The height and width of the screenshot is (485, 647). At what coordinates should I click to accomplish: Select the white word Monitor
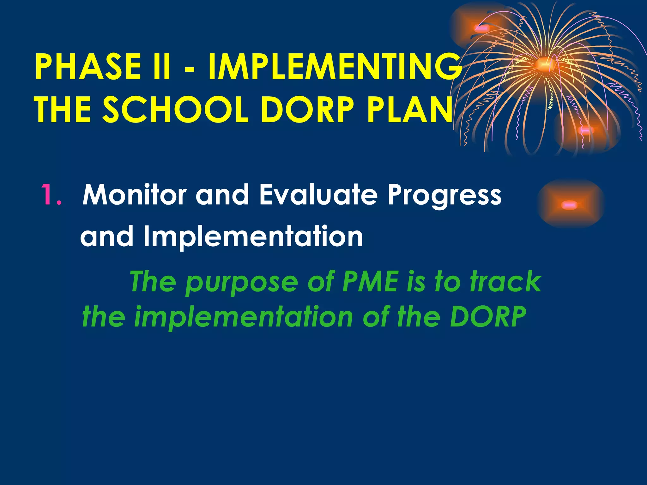click(134, 195)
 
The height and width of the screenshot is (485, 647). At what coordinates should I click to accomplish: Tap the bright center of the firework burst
click(543, 64)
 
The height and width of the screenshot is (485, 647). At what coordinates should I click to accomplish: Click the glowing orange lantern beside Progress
click(571, 204)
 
